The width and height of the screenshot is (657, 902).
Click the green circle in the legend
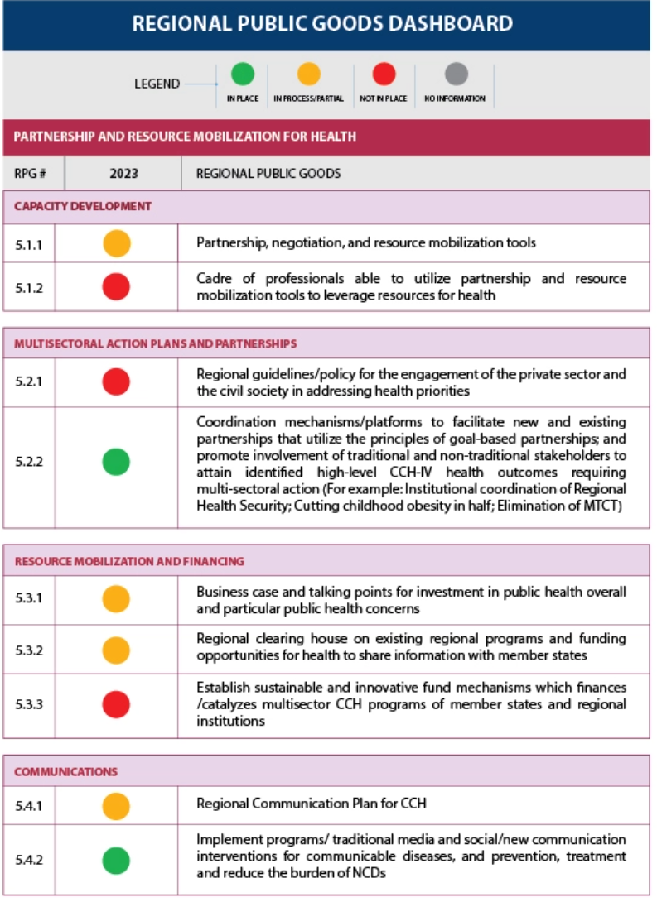pyautogui.click(x=242, y=74)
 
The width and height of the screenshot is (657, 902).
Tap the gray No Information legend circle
pyautogui.click(x=455, y=74)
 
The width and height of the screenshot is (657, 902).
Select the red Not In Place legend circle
pyautogui.click(x=384, y=74)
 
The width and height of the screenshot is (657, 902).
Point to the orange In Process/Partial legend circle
pyautogui.click(x=309, y=74)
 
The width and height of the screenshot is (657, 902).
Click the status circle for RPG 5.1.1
pyautogui.click(x=116, y=243)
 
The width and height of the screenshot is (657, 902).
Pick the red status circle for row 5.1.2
pyautogui.click(x=116, y=286)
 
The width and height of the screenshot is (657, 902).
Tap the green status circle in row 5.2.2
pyautogui.click(x=116, y=461)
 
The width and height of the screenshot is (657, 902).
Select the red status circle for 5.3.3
pyautogui.click(x=116, y=705)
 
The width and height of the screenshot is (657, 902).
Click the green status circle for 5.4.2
pyautogui.click(x=116, y=860)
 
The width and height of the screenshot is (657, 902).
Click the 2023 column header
pyautogui.click(x=123, y=175)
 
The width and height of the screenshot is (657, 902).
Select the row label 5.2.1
pyautogui.click(x=29, y=382)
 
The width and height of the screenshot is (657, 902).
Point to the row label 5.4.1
pyautogui.click(x=29, y=804)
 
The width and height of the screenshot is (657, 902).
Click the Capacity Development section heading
pyautogui.click(x=83, y=207)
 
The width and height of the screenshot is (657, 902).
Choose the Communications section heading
pyautogui.click(x=66, y=772)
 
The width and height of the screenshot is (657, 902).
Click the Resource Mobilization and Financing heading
pyautogui.click(x=129, y=561)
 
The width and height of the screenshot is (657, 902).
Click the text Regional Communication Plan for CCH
pyautogui.click(x=311, y=804)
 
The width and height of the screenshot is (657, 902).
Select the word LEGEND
pyautogui.click(x=157, y=84)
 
